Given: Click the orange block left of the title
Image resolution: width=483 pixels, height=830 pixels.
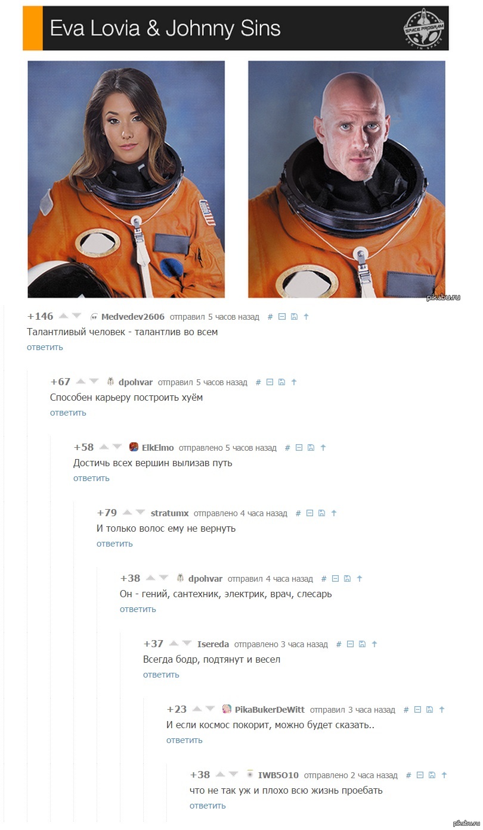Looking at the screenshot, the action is pyautogui.click(x=33, y=28).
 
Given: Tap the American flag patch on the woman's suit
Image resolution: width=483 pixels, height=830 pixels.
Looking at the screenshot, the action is pyautogui.click(x=208, y=213).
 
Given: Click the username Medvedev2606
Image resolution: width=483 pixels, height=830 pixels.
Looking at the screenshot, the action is pyautogui.click(x=133, y=317).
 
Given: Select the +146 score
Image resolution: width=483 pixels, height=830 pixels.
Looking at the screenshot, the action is pyautogui.click(x=40, y=316).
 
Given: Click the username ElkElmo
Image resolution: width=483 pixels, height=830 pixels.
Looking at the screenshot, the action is pyautogui.click(x=157, y=448).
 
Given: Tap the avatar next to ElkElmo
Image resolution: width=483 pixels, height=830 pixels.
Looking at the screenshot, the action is pyautogui.click(x=134, y=447).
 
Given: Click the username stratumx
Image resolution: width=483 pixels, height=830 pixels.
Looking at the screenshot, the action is pyautogui.click(x=169, y=513).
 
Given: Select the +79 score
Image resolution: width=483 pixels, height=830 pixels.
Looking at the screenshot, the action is pyautogui.click(x=107, y=513).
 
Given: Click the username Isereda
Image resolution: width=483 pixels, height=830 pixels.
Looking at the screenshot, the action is pyautogui.click(x=213, y=644).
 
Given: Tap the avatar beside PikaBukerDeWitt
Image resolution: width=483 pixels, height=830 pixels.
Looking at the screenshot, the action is pyautogui.click(x=227, y=709).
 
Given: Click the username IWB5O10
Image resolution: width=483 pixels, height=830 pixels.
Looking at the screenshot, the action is pyautogui.click(x=278, y=775).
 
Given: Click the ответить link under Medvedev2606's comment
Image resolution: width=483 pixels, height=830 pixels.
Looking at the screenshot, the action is pyautogui.click(x=45, y=347).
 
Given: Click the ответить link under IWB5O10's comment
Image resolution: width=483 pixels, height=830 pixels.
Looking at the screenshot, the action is pyautogui.click(x=208, y=806).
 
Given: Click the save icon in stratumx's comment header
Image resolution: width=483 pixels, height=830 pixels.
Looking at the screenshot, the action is pyautogui.click(x=321, y=513).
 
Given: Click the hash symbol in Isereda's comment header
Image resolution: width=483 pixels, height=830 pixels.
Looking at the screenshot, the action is pyautogui.click(x=338, y=644).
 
